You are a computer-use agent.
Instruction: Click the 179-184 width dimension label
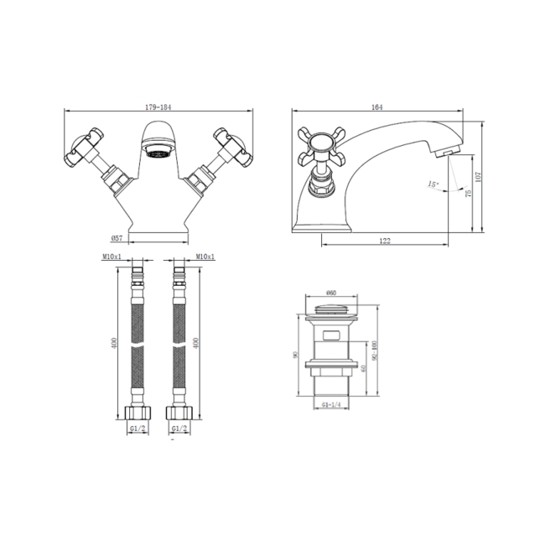coord(158,106)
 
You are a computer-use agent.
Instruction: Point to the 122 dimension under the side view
coord(385,241)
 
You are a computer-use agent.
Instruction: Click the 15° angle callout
coord(433,184)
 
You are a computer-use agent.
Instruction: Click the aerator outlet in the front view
coord(159,154)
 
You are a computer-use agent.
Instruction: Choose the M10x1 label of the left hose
coord(112,257)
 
